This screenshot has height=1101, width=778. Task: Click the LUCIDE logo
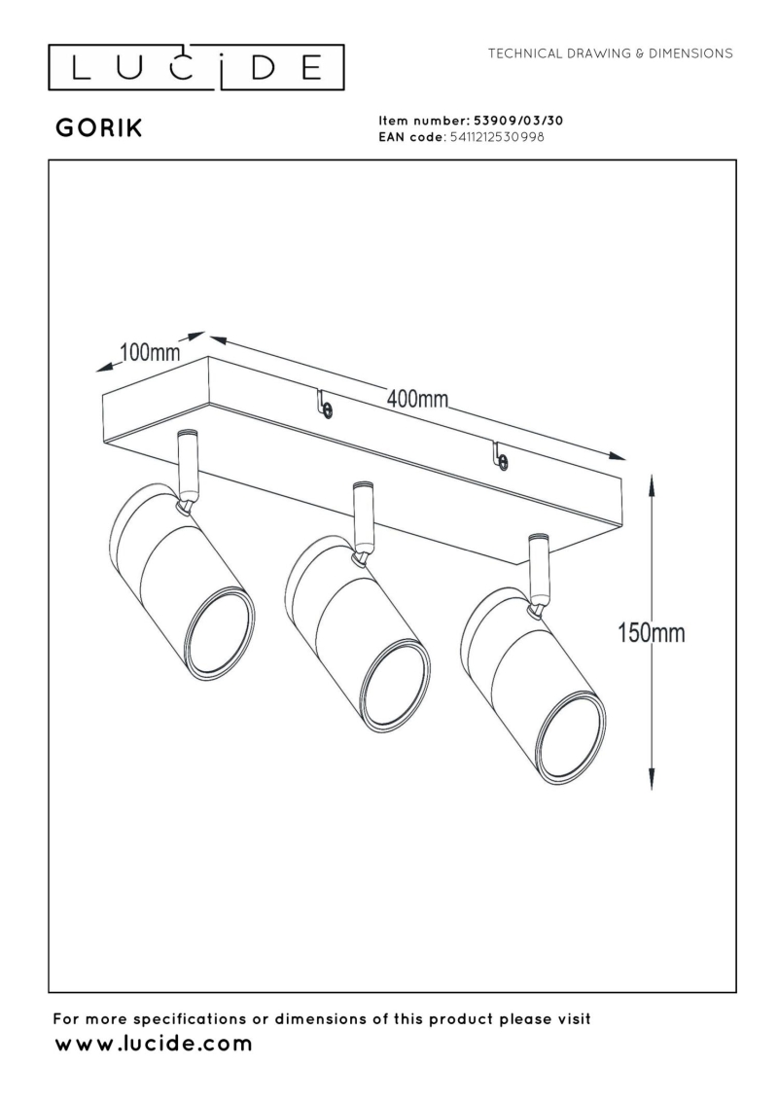(x=197, y=66)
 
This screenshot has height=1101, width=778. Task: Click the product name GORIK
(x=99, y=129)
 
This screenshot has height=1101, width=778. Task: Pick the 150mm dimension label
(x=651, y=633)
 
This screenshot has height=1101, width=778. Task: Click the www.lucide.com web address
(x=154, y=1045)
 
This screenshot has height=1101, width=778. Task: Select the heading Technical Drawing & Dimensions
(x=611, y=53)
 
